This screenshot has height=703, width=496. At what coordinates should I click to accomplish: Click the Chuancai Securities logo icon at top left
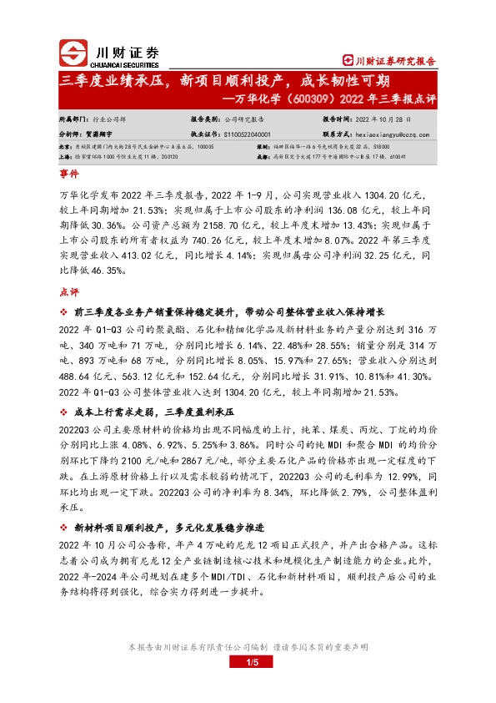pos(76,54)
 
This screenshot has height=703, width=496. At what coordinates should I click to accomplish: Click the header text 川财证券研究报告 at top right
pos(395,61)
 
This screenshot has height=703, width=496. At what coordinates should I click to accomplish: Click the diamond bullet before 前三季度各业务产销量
pos(66,311)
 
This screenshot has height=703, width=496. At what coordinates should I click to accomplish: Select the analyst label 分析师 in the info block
pos(73,133)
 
